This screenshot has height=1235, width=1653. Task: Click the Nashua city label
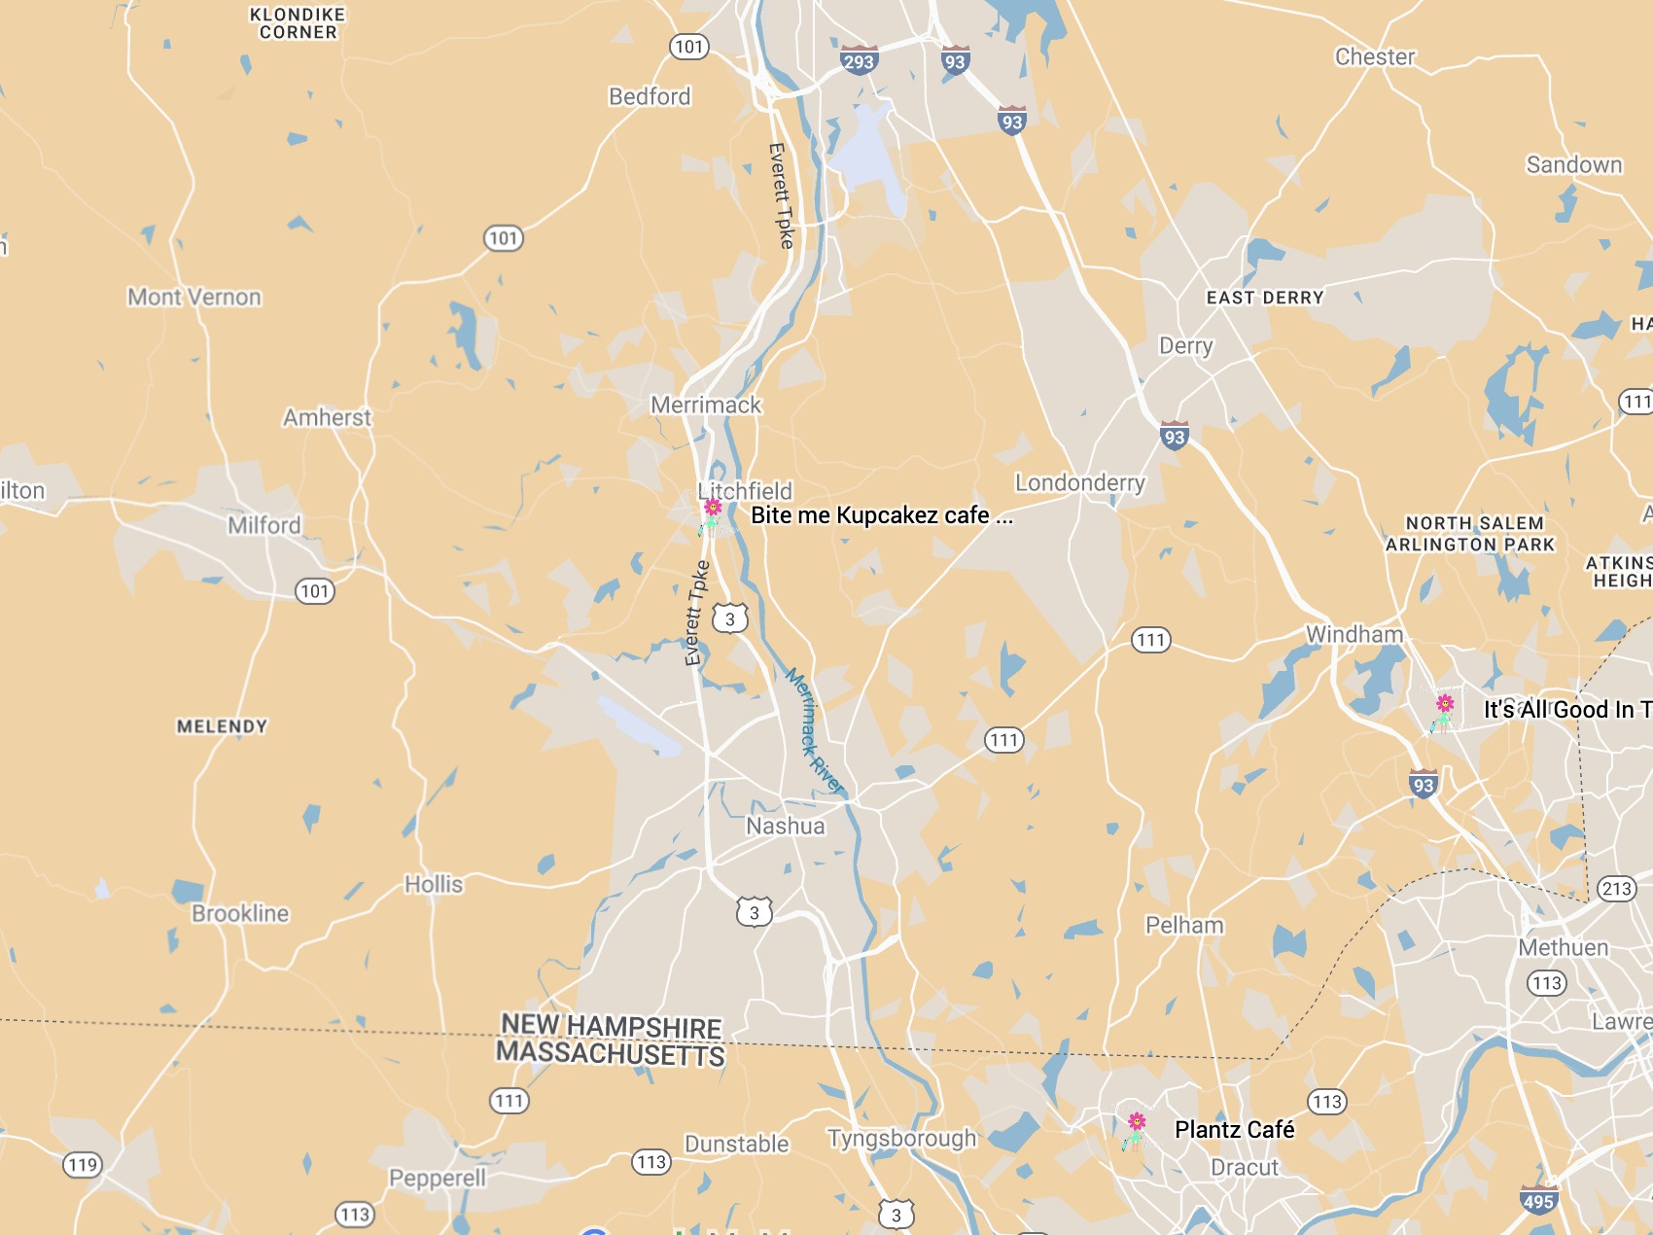click(x=785, y=826)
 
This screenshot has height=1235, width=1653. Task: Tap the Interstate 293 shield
click(x=859, y=61)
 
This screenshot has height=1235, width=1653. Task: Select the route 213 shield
click(x=1616, y=888)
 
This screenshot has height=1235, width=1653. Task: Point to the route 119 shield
click(x=83, y=1164)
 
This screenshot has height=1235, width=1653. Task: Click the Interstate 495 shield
click(x=1538, y=1200)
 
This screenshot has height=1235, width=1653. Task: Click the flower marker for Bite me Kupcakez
click(x=712, y=513)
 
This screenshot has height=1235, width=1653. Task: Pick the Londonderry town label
click(x=1079, y=482)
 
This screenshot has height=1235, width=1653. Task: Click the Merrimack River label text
click(x=814, y=730)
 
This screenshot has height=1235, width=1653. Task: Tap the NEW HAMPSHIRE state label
click(x=611, y=1026)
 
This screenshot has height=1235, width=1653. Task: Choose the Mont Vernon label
click(x=194, y=297)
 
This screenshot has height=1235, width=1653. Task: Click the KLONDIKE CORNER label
click(x=298, y=23)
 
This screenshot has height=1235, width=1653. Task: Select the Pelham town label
click(x=1183, y=924)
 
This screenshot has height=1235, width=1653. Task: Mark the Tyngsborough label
click(x=901, y=1138)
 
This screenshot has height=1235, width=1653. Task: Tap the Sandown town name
click(x=1573, y=164)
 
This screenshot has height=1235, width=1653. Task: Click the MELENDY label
click(x=222, y=726)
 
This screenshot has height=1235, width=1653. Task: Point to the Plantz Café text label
click(x=1234, y=1129)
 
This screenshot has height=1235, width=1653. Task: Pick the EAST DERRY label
click(x=1264, y=298)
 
